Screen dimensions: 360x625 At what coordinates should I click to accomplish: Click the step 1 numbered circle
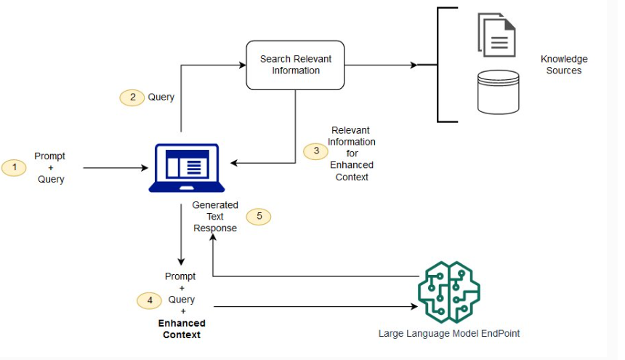tap(14, 168)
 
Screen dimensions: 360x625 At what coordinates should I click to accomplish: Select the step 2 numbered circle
tap(132, 97)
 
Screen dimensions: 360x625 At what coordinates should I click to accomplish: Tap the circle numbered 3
tap(316, 151)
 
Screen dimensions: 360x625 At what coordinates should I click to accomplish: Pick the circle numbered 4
tap(150, 300)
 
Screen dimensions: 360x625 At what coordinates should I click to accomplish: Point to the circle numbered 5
tap(259, 217)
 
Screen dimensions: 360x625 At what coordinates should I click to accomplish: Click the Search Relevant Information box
tap(295, 65)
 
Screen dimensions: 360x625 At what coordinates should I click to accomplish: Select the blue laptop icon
tap(183, 168)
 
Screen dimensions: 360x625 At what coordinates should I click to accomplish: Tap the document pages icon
tap(497, 34)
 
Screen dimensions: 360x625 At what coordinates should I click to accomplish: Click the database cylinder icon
tap(498, 92)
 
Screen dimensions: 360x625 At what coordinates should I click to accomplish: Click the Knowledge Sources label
tap(564, 65)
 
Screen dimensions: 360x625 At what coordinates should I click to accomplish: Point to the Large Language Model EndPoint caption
tap(449, 334)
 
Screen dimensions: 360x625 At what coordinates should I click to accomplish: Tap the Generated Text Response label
tap(215, 217)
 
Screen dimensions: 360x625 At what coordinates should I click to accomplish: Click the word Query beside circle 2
tap(161, 97)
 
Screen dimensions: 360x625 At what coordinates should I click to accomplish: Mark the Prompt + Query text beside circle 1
tap(50, 168)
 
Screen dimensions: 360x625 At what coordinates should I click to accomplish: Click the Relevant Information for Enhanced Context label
tap(352, 153)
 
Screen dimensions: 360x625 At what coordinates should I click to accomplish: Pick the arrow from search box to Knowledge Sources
tap(381, 65)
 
